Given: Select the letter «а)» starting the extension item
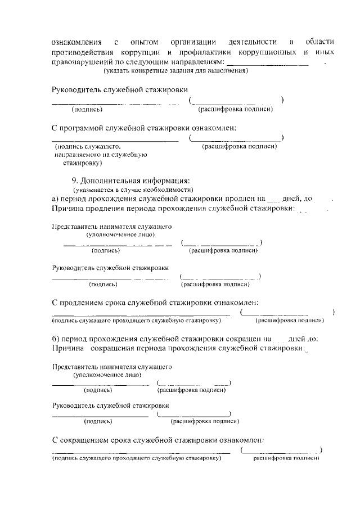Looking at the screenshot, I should point(56,199).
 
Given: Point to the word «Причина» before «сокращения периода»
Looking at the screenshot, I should point(68,349).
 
